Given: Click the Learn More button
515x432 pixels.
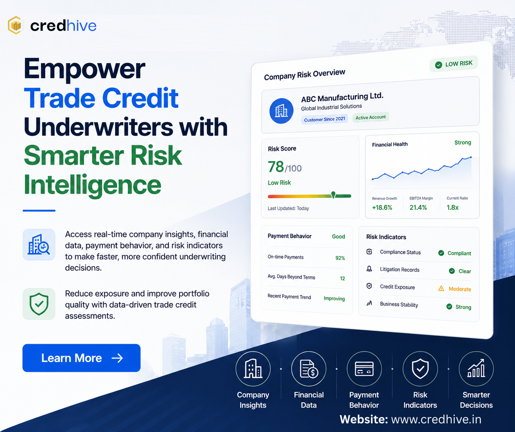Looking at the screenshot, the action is click(81, 358).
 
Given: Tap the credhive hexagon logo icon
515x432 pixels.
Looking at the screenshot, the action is click(15, 25).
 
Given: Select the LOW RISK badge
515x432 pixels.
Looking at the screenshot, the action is click(454, 64).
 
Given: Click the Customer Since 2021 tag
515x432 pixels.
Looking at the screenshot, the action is click(324, 119).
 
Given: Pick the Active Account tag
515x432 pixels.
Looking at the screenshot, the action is click(371, 117).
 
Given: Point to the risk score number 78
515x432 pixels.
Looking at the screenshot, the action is click(276, 167).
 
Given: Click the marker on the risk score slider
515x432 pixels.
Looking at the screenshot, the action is click(333, 195).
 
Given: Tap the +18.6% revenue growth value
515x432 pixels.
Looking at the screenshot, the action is click(382, 208).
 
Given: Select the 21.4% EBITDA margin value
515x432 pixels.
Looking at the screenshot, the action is click(418, 208).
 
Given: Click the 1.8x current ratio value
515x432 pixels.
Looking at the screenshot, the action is click(453, 208).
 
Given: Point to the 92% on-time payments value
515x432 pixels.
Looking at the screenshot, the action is click(340, 258).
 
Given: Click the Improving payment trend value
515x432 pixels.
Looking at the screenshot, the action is click(334, 299).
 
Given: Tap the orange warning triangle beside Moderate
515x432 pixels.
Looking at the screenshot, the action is click(441, 288).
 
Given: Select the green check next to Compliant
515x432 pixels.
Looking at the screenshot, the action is click(441, 253).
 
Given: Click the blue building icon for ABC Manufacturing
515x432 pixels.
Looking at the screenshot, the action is click(281, 111).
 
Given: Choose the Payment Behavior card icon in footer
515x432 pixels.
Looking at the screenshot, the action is click(364, 368).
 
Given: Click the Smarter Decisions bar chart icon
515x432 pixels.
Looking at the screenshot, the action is click(476, 368).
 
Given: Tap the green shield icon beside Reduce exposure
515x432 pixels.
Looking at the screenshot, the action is click(39, 304).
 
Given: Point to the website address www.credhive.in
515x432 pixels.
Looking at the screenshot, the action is click(436, 420).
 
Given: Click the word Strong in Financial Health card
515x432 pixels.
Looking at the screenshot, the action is click(463, 142).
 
